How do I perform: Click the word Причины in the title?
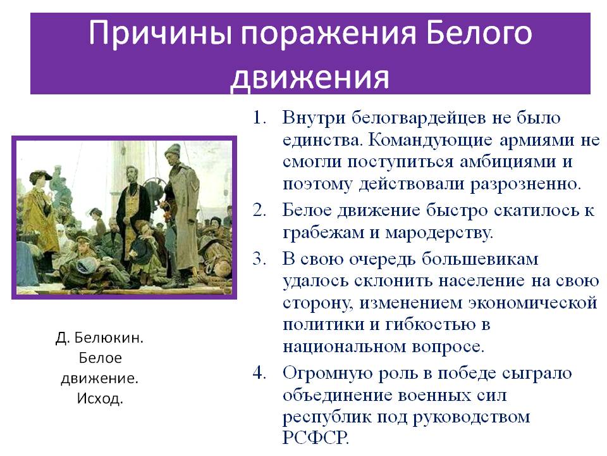pos(160,33)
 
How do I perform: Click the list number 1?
pos(259,118)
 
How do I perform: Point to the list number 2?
pos(259,210)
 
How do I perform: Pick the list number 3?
pos(259,258)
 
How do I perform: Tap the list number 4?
pos(259,372)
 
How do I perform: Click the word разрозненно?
pos(525,184)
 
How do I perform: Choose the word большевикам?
pos(480,259)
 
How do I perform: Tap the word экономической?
pos(532,303)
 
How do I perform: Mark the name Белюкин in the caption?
pos(108,338)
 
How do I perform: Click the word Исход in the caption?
pos(99,398)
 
